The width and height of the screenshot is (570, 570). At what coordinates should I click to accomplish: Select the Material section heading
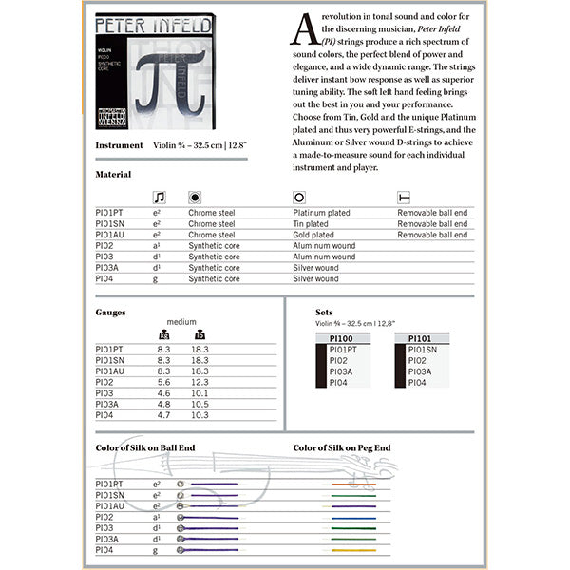click(x=113, y=175)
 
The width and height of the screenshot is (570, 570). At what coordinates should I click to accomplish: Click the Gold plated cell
click(x=313, y=235)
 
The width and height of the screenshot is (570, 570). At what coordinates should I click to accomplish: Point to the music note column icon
click(x=159, y=198)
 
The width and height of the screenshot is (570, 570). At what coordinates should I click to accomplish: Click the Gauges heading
click(x=110, y=312)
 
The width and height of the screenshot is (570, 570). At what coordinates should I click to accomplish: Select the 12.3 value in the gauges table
click(x=199, y=382)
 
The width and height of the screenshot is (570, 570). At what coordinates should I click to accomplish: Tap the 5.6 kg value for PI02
click(x=162, y=382)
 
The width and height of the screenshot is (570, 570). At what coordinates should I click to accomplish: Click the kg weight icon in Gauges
click(x=162, y=334)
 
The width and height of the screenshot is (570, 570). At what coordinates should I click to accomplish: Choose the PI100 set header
click(x=341, y=338)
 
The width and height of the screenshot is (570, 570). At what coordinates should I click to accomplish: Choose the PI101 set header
click(x=421, y=338)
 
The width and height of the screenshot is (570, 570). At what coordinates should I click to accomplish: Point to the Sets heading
click(x=324, y=312)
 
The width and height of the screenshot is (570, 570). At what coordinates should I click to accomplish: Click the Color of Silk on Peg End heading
click(x=341, y=447)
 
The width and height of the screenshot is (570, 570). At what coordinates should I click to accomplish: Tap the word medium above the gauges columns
click(x=181, y=322)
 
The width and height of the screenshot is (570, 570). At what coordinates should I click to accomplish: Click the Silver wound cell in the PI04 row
click(x=315, y=279)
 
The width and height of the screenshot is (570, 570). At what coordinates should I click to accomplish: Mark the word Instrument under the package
click(x=120, y=146)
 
